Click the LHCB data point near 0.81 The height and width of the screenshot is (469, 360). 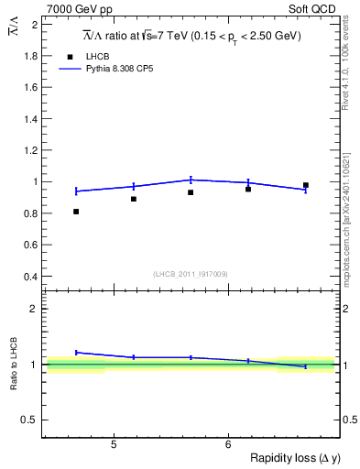(76, 212)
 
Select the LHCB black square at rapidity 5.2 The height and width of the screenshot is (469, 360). (134, 199)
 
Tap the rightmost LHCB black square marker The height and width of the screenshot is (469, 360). (306, 185)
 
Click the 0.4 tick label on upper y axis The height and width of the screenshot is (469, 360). (30, 277)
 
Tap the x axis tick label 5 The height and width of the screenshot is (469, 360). (113, 445)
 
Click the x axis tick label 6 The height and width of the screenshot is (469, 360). (227, 445)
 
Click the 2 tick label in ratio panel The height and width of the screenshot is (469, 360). (35, 309)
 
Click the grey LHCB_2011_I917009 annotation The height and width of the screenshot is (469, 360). (190, 274)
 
